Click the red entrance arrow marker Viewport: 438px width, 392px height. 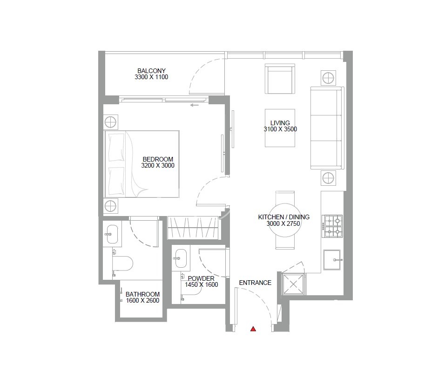pyautogui.click(x=253, y=329)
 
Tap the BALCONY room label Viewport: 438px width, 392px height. pyautogui.click(x=151, y=71)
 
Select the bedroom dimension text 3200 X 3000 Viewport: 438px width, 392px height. pyautogui.click(x=158, y=165)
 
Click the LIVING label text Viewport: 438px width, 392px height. pyautogui.click(x=280, y=123)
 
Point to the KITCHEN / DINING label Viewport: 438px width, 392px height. pyautogui.click(x=283, y=217)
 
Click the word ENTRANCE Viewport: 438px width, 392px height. pyautogui.click(x=255, y=283)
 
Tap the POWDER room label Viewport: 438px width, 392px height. pyautogui.click(x=201, y=278)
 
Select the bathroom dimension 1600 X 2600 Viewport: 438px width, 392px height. pyautogui.click(x=142, y=301)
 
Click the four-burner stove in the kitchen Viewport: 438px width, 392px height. pyautogui.click(x=332, y=226)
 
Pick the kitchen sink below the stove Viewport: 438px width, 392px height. pyautogui.click(x=332, y=260)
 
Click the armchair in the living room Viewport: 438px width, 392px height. pyautogui.click(x=280, y=79)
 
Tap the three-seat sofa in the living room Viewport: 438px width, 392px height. pyautogui.click(x=327, y=128)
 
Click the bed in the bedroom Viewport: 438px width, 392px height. pyautogui.click(x=142, y=164)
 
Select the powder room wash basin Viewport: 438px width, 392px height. pyautogui.click(x=181, y=258)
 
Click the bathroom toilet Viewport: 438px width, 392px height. pyautogui.click(x=122, y=263)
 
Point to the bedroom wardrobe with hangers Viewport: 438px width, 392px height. pyautogui.click(x=193, y=228)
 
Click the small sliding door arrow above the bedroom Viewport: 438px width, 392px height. pyautogui.click(x=195, y=105)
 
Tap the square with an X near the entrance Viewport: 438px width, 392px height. pyautogui.click(x=293, y=284)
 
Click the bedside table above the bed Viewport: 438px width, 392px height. pyautogui.click(x=111, y=122)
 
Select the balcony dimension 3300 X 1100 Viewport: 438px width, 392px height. pyautogui.click(x=151, y=77)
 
